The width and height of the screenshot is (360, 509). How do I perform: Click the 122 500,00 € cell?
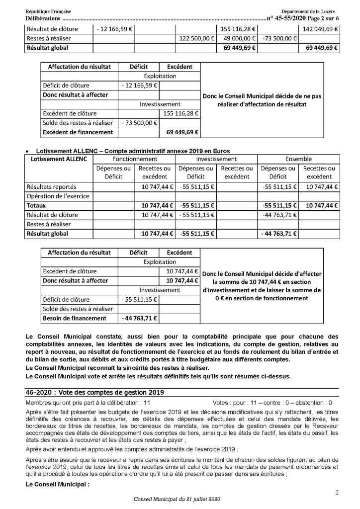[x=197, y=38]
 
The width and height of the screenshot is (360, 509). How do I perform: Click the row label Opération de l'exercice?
[x=58, y=196]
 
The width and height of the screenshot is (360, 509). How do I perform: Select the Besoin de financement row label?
[x=75, y=318]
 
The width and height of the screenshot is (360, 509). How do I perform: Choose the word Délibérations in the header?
[x=42, y=18]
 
